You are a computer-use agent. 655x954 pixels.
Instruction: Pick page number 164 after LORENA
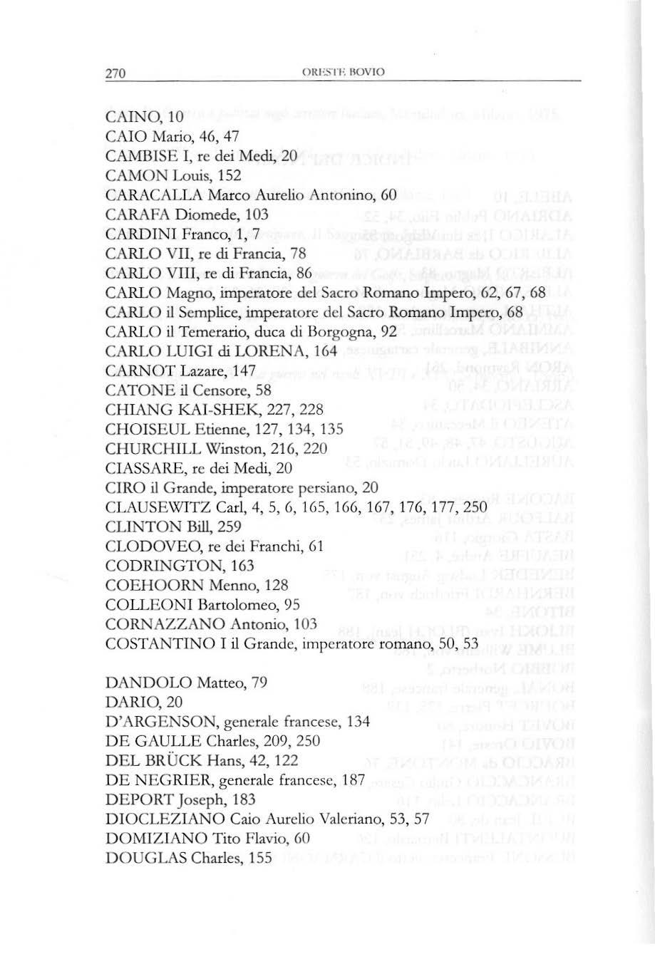pyautogui.click(x=324, y=351)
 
